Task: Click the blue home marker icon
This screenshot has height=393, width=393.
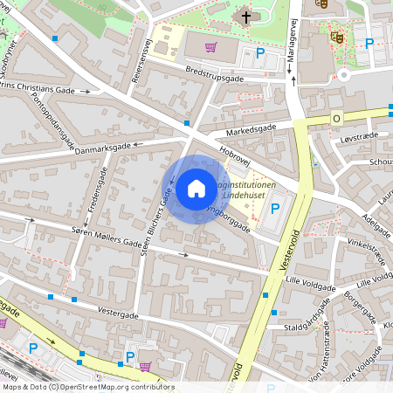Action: pos(196,189)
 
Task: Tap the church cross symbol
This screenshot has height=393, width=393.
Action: pos(246,17)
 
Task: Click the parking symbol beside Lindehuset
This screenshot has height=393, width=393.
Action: pos(276,208)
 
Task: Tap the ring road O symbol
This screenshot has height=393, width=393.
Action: pos(335,118)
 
